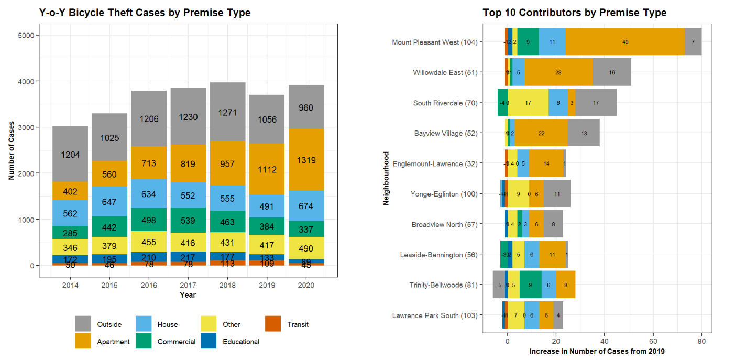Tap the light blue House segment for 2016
(149, 194)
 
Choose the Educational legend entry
(240, 342)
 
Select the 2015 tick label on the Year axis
(109, 286)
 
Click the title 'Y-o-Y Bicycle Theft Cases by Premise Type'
(145, 13)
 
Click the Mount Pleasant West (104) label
(435, 42)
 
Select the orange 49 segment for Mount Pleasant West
(625, 42)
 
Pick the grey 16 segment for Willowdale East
(612, 72)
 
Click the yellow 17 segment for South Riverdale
(528, 103)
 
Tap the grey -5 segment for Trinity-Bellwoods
(499, 285)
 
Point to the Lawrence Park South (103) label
(435, 315)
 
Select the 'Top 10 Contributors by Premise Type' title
(575, 13)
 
